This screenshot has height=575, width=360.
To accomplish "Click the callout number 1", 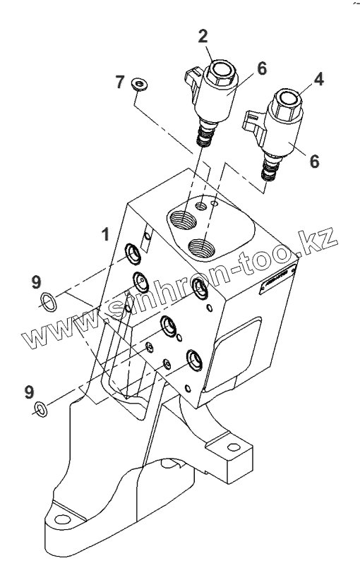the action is (x=105, y=234).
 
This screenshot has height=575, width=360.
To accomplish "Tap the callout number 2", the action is (x=203, y=35).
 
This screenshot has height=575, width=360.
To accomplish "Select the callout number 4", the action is (x=319, y=79).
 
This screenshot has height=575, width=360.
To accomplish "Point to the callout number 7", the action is (x=120, y=82).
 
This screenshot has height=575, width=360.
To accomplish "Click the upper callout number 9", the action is (x=36, y=282).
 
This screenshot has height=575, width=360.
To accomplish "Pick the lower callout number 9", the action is (x=30, y=392).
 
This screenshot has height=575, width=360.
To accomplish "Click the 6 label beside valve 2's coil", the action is (x=261, y=68).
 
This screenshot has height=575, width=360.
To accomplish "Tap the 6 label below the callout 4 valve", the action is (x=315, y=162).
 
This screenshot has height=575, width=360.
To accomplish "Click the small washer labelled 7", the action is (x=139, y=84).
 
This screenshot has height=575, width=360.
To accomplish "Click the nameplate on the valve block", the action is (x=278, y=279).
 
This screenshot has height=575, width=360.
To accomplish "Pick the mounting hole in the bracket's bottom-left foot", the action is (x=62, y=520).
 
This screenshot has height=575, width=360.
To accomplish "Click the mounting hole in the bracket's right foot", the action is (x=233, y=447).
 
